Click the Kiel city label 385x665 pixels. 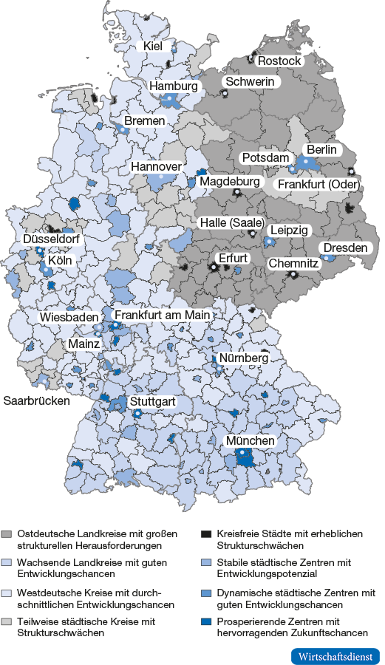[x=153, y=47]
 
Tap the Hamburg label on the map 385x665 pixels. [x=174, y=86]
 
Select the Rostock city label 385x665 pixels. [x=279, y=61]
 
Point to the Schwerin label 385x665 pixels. [x=250, y=82]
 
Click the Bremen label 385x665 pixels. [x=145, y=121]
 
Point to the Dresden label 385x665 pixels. [x=345, y=248]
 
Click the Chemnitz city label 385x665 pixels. [x=293, y=263]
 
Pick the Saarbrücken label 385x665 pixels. [x=37, y=401]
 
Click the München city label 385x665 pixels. [x=250, y=441]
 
